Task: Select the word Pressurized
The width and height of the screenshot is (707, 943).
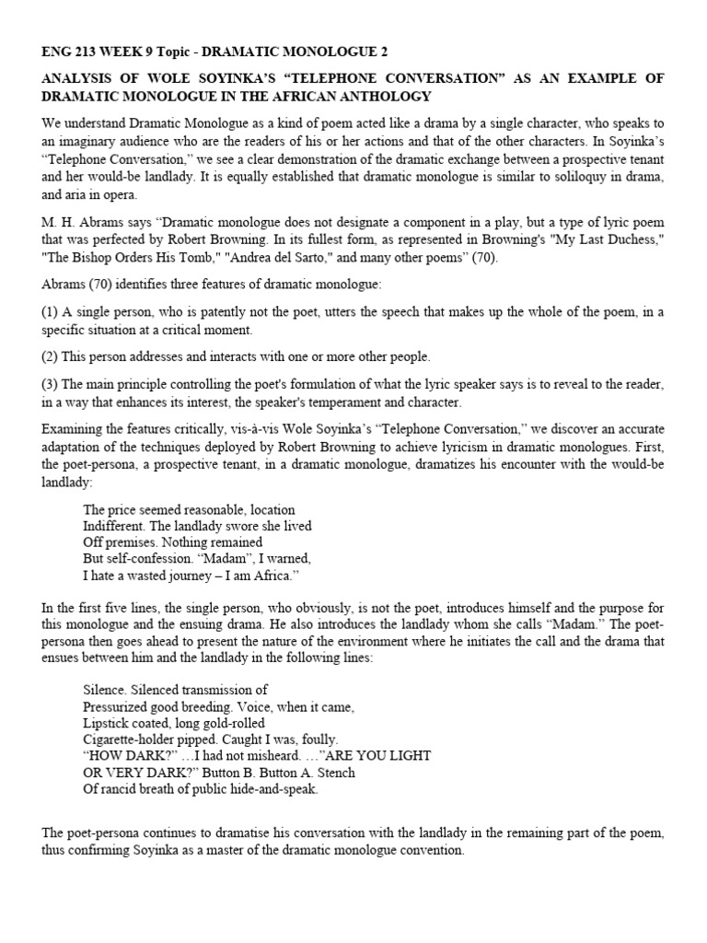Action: (115, 706)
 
